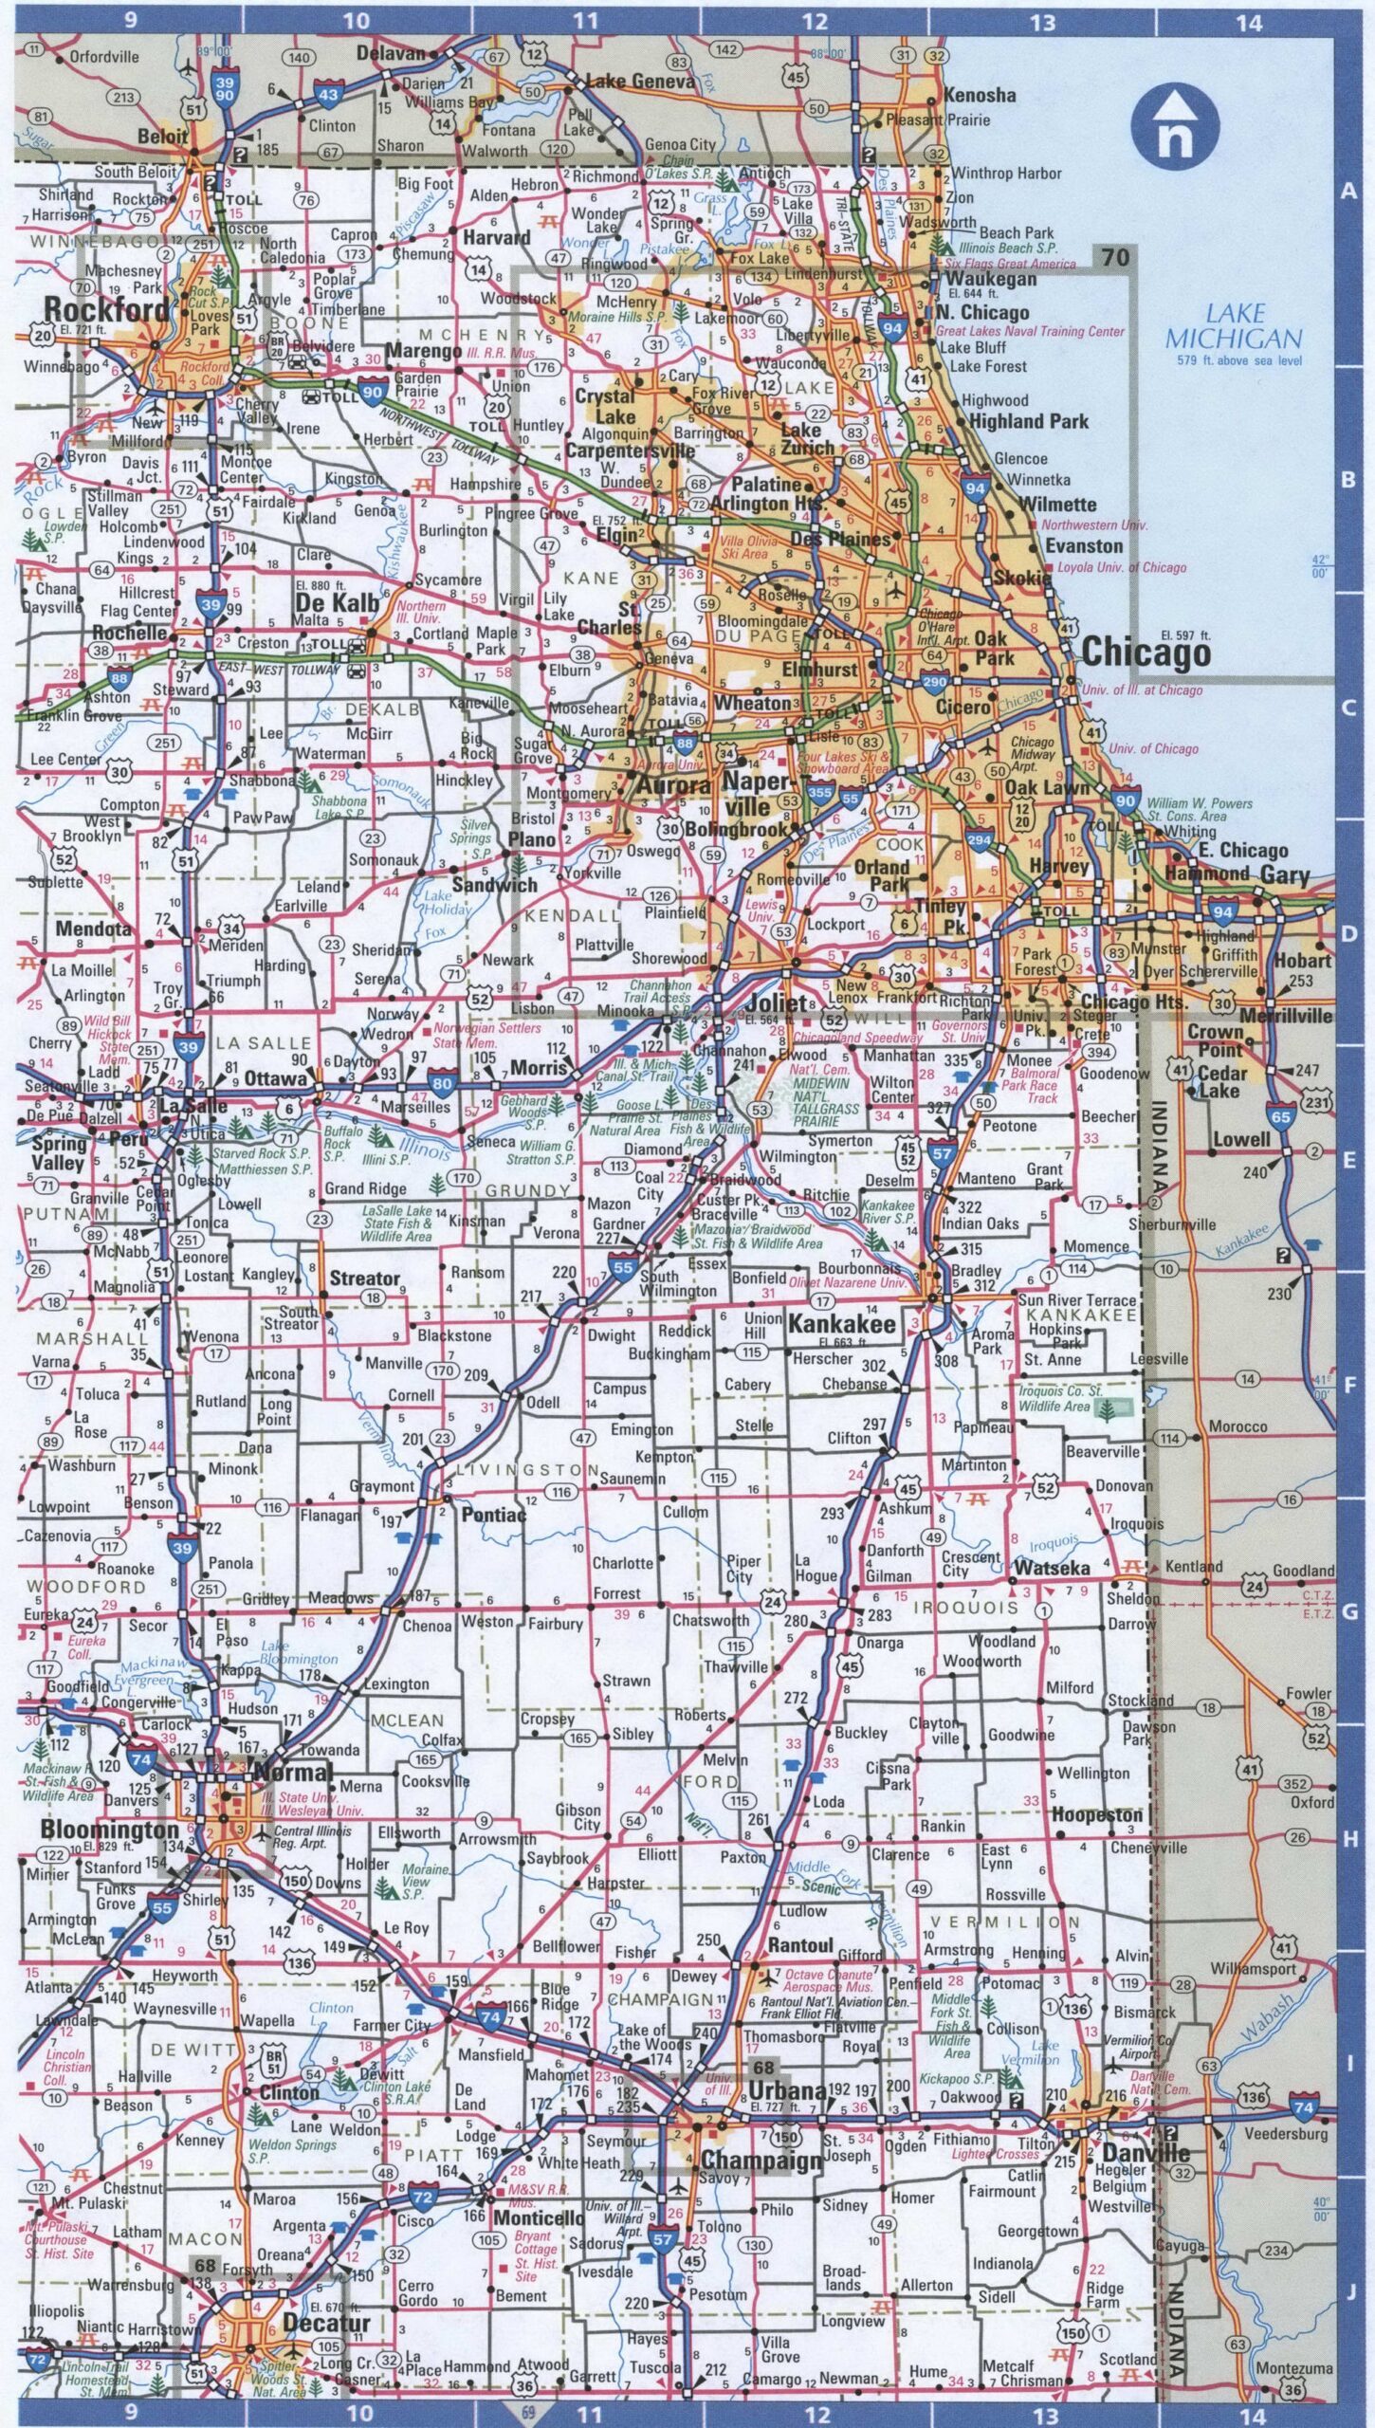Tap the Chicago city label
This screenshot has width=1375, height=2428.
[x=1146, y=653]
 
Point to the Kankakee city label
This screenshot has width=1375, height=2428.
[x=842, y=1324]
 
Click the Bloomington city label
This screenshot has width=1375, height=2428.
[x=109, y=1830]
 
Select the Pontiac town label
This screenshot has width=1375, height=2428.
[x=493, y=1515]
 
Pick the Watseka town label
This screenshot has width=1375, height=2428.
[x=1052, y=1568]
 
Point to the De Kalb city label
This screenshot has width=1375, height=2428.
[x=336, y=603]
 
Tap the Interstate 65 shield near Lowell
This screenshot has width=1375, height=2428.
[x=1280, y=1117]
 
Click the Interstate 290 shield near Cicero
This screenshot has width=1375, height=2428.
[x=934, y=681]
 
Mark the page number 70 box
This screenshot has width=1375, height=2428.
[x=1115, y=256]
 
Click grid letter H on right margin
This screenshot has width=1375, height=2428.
[x=1348, y=1840]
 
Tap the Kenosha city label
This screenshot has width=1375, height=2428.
[x=979, y=96]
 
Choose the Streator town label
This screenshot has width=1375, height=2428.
[x=364, y=1278]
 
